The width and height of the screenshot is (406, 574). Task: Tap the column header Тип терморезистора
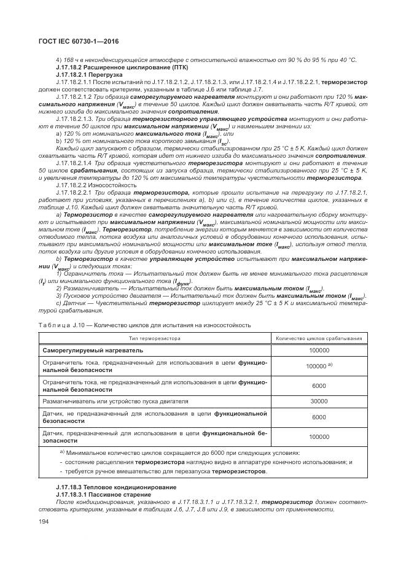154,337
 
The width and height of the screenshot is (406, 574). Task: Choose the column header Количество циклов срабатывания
319,337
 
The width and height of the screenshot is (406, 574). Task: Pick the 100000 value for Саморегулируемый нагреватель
319,350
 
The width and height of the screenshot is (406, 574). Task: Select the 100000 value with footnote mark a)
319,367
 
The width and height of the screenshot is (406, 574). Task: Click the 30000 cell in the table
319,401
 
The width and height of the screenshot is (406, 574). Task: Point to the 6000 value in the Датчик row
319,417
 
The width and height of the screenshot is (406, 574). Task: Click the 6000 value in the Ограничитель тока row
319,386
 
